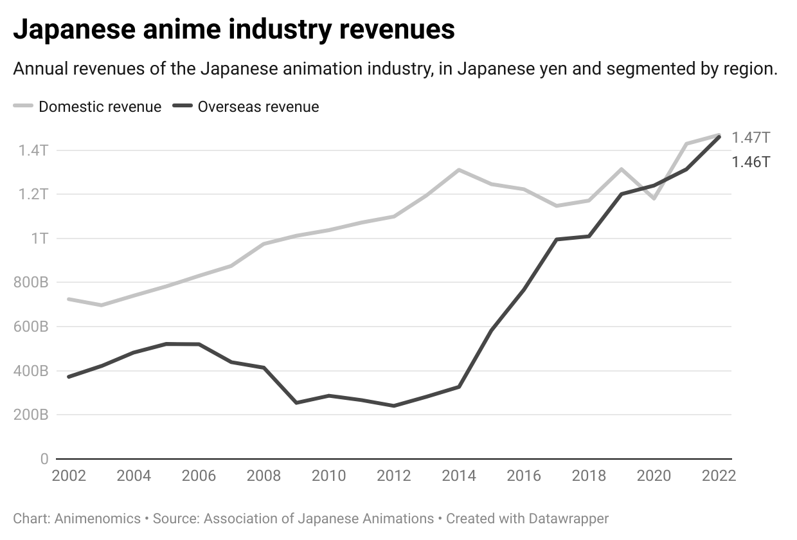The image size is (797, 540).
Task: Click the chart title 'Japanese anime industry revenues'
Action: click(234, 30)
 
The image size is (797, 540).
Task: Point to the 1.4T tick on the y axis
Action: click(34, 150)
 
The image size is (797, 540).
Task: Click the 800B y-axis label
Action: click(30, 282)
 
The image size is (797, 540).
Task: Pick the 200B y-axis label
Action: click(30, 415)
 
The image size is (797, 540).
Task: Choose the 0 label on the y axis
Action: click(44, 459)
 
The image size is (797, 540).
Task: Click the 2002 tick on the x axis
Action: click(69, 476)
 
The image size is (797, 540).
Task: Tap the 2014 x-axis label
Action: click(459, 476)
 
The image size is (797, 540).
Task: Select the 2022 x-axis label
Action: click(718, 476)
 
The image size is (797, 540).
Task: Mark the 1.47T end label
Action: click(751, 138)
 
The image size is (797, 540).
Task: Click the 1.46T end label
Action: click(751, 161)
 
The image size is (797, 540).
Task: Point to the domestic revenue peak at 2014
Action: click(459, 170)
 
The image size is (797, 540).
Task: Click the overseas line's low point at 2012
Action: click(394, 406)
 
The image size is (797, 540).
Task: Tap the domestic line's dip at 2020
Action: click(654, 198)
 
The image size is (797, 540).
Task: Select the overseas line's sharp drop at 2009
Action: click(296, 402)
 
